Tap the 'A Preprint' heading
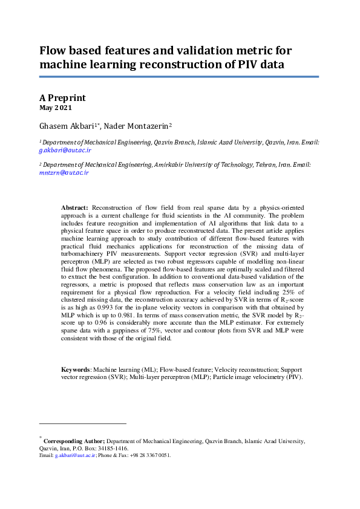coord(62,97)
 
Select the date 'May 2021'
coord(56,108)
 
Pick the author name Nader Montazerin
coord(140,126)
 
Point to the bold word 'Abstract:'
coord(75,207)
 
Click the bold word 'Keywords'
coord(76,369)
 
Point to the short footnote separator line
coord(82,424)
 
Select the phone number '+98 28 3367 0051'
coord(149,455)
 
